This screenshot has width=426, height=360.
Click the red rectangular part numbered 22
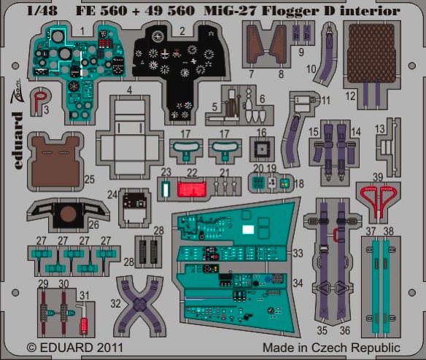[x=192, y=189]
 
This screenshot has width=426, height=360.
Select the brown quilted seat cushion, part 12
[x=371, y=53]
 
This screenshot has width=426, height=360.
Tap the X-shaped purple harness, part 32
[x=139, y=305]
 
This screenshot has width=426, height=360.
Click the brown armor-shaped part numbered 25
[x=56, y=162]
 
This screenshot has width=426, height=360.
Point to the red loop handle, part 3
[x=40, y=99]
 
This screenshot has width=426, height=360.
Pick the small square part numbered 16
[x=262, y=149]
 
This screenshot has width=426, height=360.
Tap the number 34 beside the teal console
[x=298, y=283]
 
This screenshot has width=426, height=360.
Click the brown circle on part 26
[x=68, y=214]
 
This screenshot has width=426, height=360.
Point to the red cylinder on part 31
[x=84, y=326]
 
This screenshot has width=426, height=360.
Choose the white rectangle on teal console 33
[x=248, y=230]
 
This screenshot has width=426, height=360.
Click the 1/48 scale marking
[x=42, y=11]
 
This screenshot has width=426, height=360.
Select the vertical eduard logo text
[x=18, y=141]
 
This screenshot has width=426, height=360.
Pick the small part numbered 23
[x=165, y=189]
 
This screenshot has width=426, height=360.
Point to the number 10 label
[x=311, y=69]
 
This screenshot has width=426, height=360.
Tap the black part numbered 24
[x=134, y=201]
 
